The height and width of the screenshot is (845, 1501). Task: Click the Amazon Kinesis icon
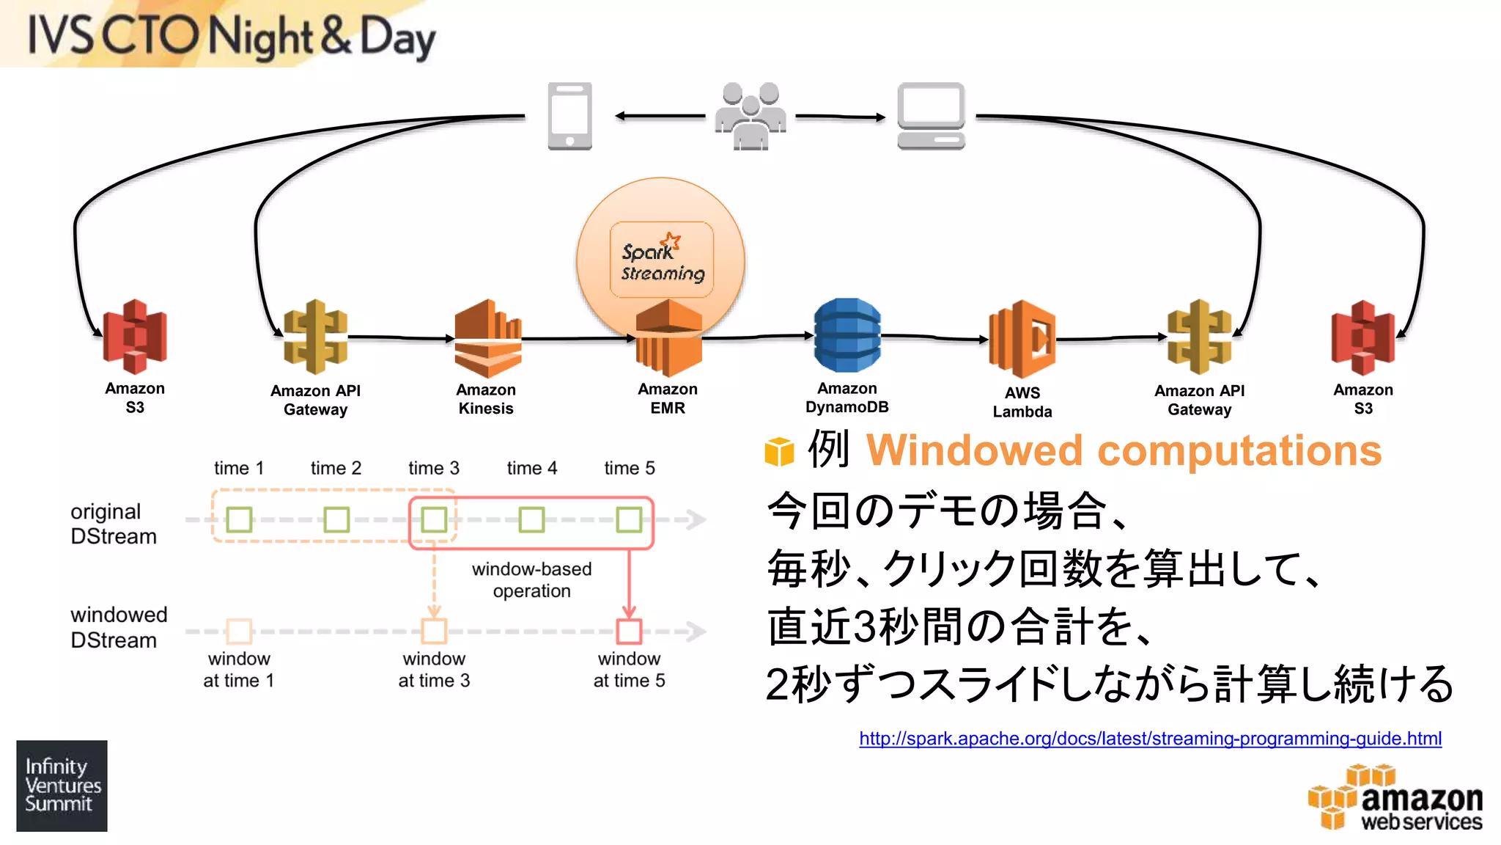coord(487,338)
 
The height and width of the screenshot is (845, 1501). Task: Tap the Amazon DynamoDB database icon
coord(847,335)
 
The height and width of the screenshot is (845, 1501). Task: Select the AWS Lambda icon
coord(1022,339)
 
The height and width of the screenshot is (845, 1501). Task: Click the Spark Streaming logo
coord(662,260)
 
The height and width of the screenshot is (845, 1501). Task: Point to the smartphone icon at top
coord(569,116)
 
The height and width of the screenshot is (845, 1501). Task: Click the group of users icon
coord(750,116)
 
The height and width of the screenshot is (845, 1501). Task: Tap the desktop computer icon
coord(931,116)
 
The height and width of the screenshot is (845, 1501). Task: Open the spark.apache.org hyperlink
coord(1150,738)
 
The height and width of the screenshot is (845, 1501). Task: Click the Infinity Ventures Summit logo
coord(62,785)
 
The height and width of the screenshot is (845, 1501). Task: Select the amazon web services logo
coord(1396,798)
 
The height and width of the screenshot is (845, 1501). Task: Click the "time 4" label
coord(531,468)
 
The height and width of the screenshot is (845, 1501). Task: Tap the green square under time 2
coord(336,519)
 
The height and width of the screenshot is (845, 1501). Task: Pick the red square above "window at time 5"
coord(629,631)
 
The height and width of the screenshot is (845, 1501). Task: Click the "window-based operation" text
coord(531,579)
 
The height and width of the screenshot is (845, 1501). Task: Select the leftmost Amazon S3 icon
coord(135,337)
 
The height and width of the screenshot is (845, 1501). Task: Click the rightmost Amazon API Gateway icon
coord(1199,337)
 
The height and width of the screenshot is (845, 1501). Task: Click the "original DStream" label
coord(113,524)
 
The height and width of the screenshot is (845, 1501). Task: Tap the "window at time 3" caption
coord(434,670)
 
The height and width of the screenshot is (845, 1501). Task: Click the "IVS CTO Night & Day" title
coord(231,37)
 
